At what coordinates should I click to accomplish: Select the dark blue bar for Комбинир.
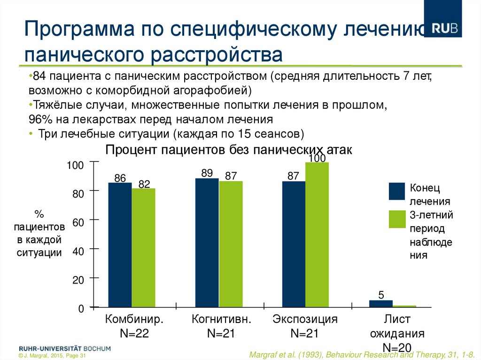pos(120,244)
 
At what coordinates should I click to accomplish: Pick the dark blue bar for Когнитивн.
pos(207,242)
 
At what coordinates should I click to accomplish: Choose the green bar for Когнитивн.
pos(231,244)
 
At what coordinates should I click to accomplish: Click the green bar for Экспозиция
pos(317,234)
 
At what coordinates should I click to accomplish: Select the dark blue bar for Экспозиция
pos(294,244)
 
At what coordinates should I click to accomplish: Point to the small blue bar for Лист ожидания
pos(380,304)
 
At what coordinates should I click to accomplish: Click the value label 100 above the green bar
pos(317,159)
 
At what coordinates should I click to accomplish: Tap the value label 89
pos(207,173)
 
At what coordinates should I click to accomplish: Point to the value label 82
pos(144,184)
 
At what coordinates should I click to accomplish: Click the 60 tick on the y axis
pos(78,222)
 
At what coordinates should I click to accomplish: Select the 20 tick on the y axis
pos(78,280)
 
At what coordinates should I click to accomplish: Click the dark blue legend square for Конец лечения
pos(397,191)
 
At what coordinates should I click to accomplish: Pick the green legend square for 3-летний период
pos(397,219)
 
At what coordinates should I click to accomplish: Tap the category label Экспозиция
pos(305,320)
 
